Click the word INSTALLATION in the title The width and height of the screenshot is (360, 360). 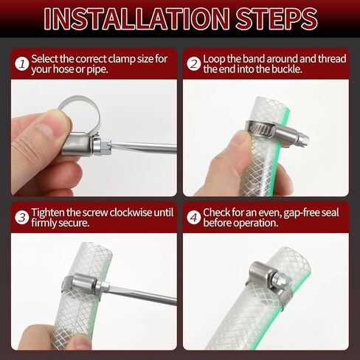(136, 18)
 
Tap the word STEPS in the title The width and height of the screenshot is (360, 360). (277, 18)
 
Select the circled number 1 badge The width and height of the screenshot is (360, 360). (22, 64)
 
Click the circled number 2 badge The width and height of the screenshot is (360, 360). (194, 64)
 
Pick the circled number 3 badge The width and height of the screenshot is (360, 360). (22, 218)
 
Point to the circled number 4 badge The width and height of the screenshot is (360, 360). (194, 218)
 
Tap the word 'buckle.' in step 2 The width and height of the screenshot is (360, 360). (287, 69)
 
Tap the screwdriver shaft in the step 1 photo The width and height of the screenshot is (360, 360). (143, 148)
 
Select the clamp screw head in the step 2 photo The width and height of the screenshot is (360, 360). (303, 139)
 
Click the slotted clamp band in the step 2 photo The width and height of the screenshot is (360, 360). (261, 128)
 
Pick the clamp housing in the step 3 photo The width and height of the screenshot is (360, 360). (83, 283)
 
